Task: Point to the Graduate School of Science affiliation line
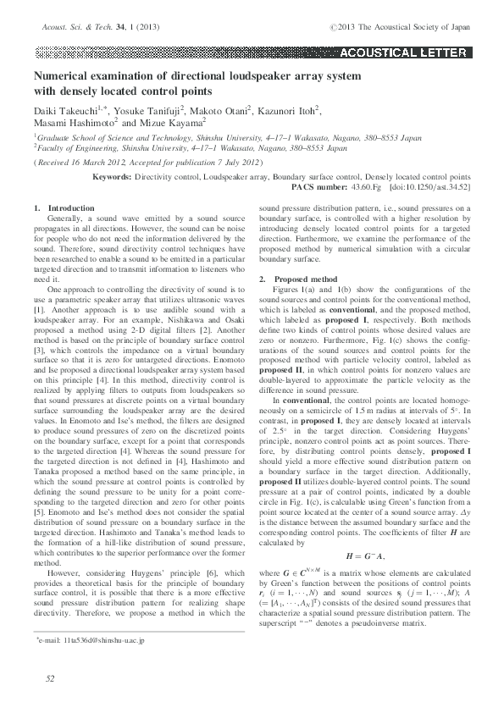(x=227, y=136)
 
